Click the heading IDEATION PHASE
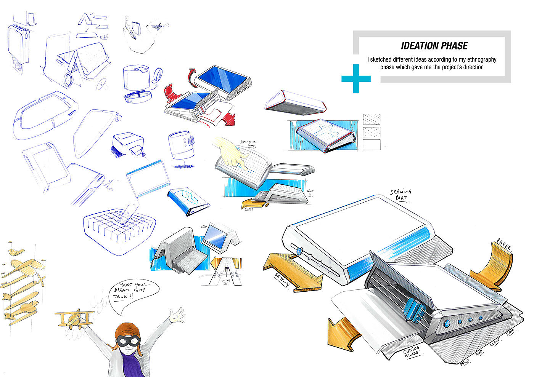(x=434, y=46)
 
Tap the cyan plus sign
(x=356, y=78)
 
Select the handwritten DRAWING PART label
(x=401, y=194)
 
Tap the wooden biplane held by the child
(x=75, y=318)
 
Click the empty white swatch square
(x=372, y=145)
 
